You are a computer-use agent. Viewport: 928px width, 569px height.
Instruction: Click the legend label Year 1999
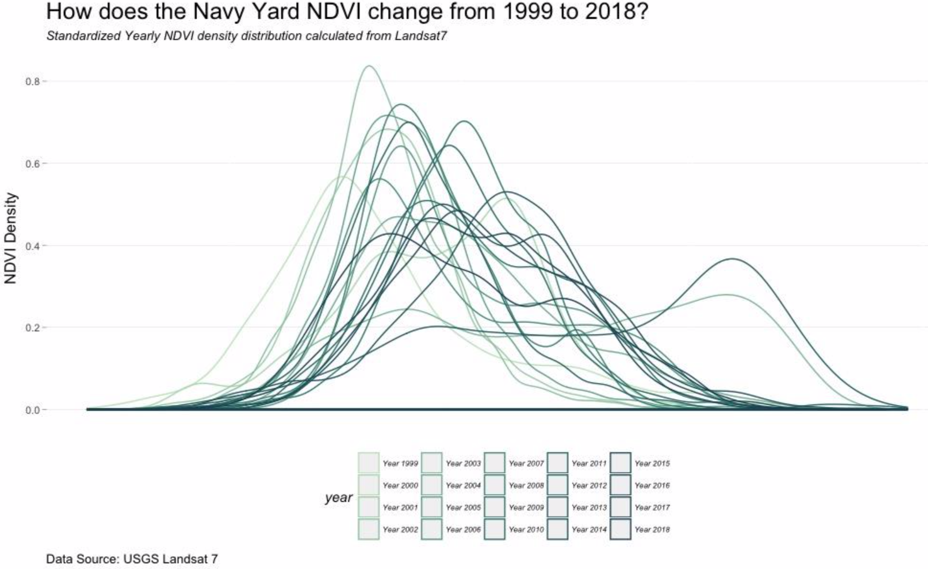[x=400, y=464]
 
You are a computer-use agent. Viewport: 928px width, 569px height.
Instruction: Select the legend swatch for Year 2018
[x=620, y=529]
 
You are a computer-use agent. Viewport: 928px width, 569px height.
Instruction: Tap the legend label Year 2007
[x=526, y=464]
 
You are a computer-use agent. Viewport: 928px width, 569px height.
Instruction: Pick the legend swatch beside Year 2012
[x=557, y=485]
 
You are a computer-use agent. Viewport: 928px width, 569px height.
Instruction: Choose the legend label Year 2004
[x=463, y=485]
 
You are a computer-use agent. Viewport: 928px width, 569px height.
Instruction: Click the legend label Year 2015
[x=652, y=464]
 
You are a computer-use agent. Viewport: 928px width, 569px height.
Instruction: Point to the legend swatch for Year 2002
[x=369, y=529]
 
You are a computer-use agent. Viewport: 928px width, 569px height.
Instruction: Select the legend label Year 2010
[x=526, y=529]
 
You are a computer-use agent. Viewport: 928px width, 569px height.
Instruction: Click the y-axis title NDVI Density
[x=10, y=238]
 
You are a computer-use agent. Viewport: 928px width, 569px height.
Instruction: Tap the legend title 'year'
[x=338, y=497]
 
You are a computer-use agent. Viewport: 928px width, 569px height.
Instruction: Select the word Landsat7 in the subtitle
[x=420, y=36]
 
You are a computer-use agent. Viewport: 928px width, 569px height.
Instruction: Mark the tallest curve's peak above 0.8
[x=369, y=66]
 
